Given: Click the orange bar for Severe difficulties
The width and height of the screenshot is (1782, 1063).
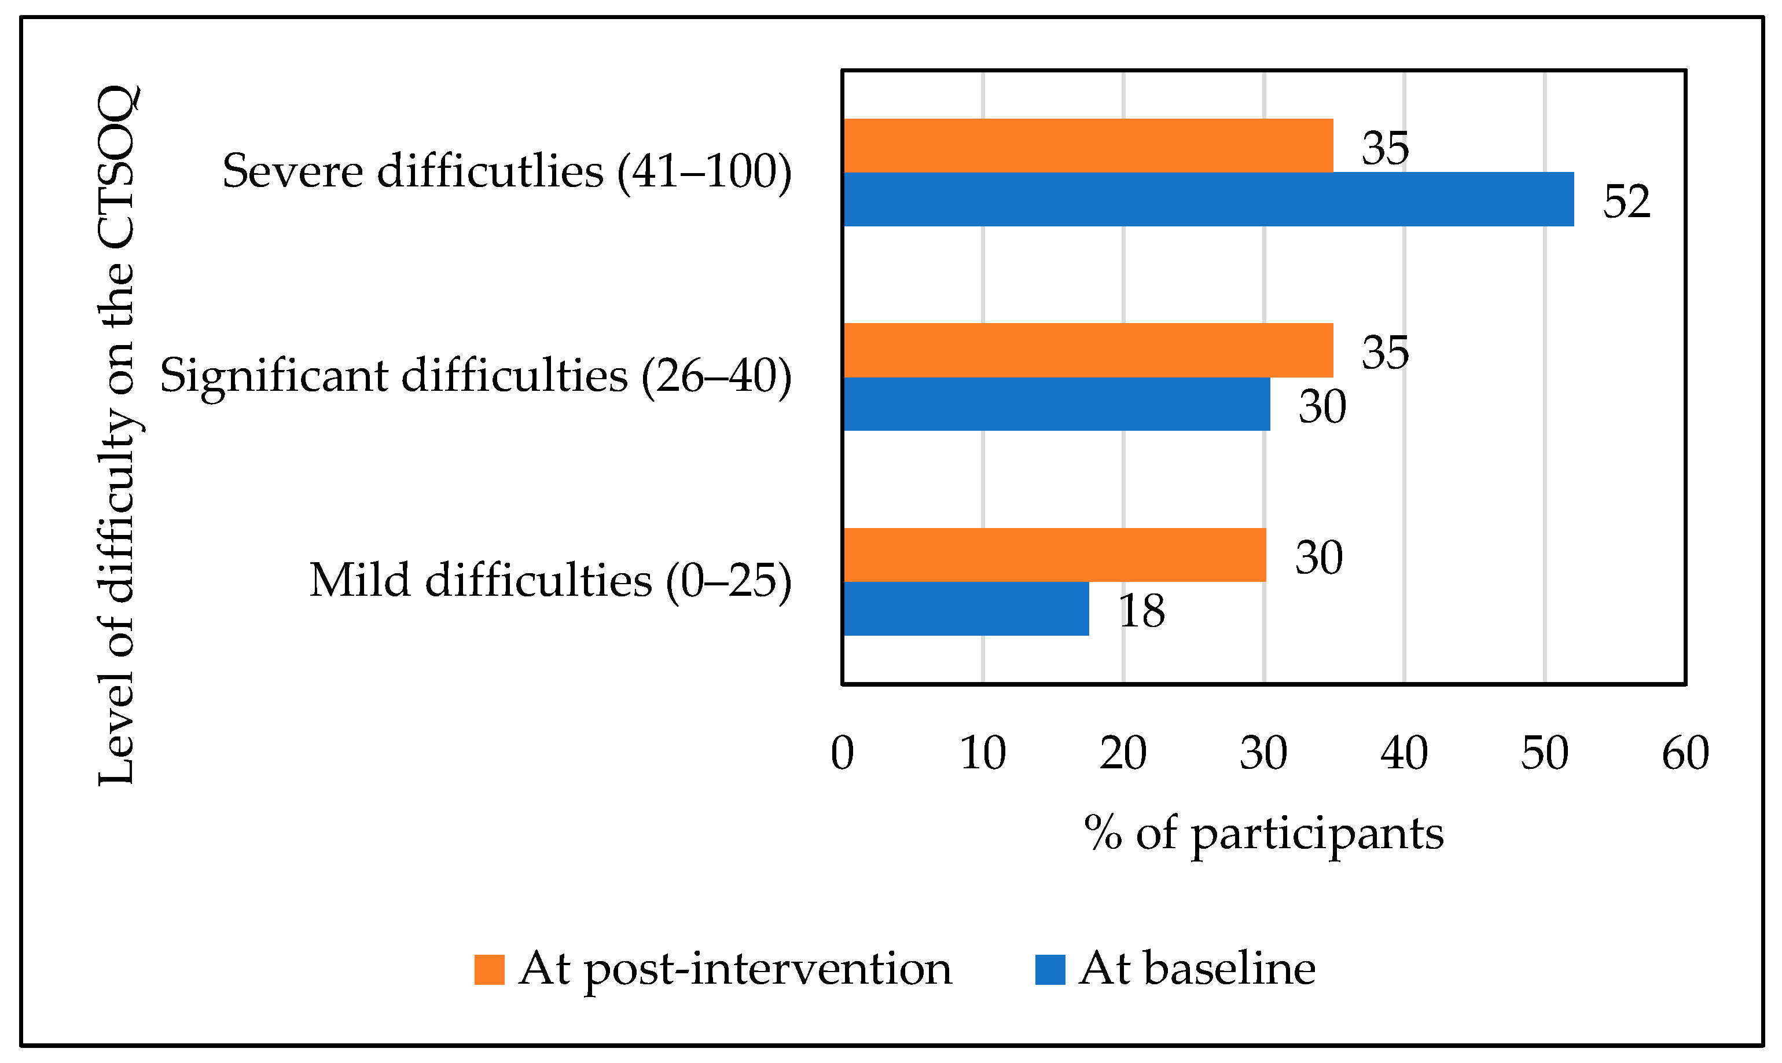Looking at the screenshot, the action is pos(1088,145).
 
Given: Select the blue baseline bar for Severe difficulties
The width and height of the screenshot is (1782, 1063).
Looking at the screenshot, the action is pos(1208,199).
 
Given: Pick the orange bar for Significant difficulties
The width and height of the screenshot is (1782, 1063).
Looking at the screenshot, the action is pos(1088,350).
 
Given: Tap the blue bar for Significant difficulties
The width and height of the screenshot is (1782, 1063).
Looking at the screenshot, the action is pos(1057,404).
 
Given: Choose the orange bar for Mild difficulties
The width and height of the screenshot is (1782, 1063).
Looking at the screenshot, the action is pos(1054,555).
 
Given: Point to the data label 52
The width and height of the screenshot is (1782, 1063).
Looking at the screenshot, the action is pos(1627,201).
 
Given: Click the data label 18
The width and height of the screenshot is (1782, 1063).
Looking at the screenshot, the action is pos(1141,611).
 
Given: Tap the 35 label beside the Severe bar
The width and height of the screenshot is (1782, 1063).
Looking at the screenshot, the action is pos(1386,148).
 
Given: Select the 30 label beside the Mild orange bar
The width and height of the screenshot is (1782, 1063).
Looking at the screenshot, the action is pos(1319,558).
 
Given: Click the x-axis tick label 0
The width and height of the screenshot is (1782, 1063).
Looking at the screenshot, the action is pos(843,754).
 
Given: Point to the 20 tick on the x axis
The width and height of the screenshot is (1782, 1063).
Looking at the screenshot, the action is pos(1123,754).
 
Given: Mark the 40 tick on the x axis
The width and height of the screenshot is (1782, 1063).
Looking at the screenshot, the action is pos(1405,754).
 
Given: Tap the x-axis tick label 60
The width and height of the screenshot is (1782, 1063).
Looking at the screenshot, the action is pos(1686,754).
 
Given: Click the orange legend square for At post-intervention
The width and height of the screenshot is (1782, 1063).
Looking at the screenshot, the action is pos(489,970).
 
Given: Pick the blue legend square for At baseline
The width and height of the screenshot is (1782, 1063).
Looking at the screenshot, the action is pos(1050,970).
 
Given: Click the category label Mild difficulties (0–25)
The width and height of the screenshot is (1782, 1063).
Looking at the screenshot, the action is pos(550,580).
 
